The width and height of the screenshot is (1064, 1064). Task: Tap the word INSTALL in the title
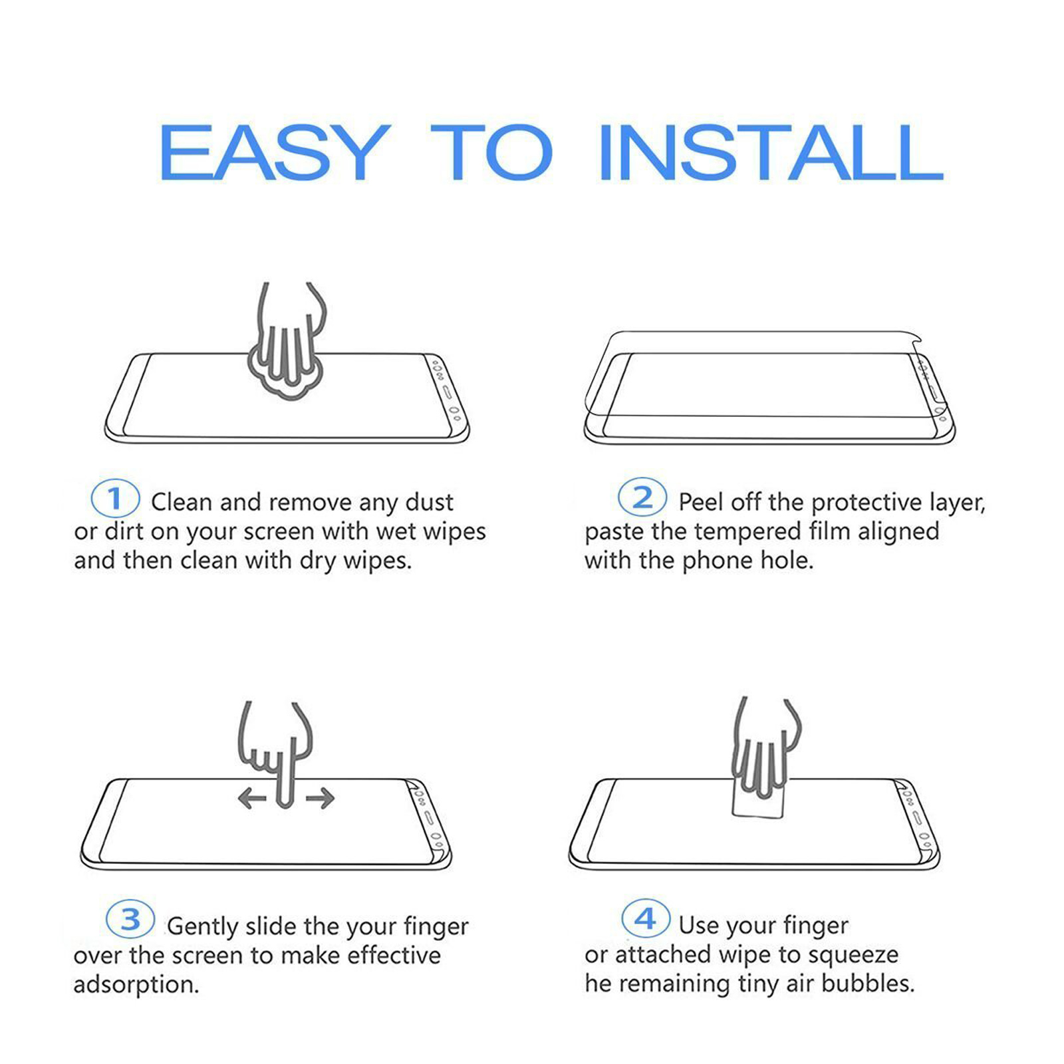(x=771, y=152)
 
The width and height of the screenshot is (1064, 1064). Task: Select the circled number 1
(x=115, y=499)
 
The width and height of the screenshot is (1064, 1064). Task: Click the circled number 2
(x=642, y=497)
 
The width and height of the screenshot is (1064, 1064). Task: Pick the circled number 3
(x=130, y=920)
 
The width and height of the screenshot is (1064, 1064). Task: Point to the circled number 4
(x=646, y=918)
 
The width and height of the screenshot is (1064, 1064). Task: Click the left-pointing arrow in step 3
(x=253, y=797)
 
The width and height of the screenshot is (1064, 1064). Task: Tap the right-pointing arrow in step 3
(x=320, y=797)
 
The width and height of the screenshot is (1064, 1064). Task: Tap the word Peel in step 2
(x=701, y=502)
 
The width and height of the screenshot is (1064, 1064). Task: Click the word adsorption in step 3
(x=136, y=984)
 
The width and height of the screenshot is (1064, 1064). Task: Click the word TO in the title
(x=491, y=152)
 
